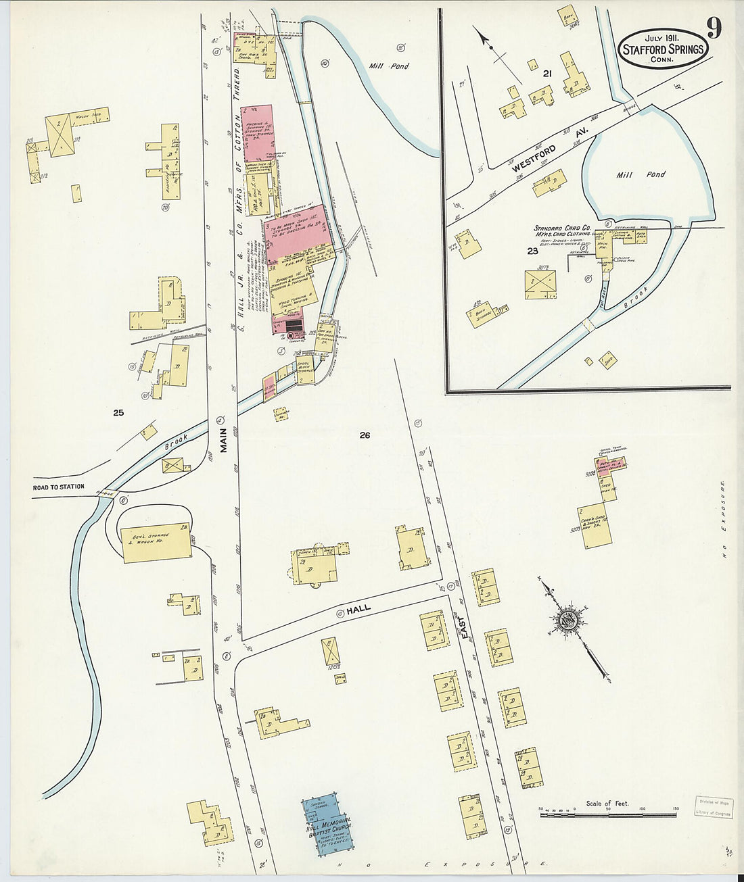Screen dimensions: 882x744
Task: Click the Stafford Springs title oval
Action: coord(662,48)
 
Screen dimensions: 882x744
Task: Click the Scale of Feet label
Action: coord(607,803)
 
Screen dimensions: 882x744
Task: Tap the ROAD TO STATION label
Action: coord(60,487)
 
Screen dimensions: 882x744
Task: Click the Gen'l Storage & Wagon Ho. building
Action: coord(156,542)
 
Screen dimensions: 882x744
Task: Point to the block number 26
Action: coord(365,436)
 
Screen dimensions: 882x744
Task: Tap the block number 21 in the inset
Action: coord(547,74)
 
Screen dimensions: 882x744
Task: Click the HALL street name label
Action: coord(359,610)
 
